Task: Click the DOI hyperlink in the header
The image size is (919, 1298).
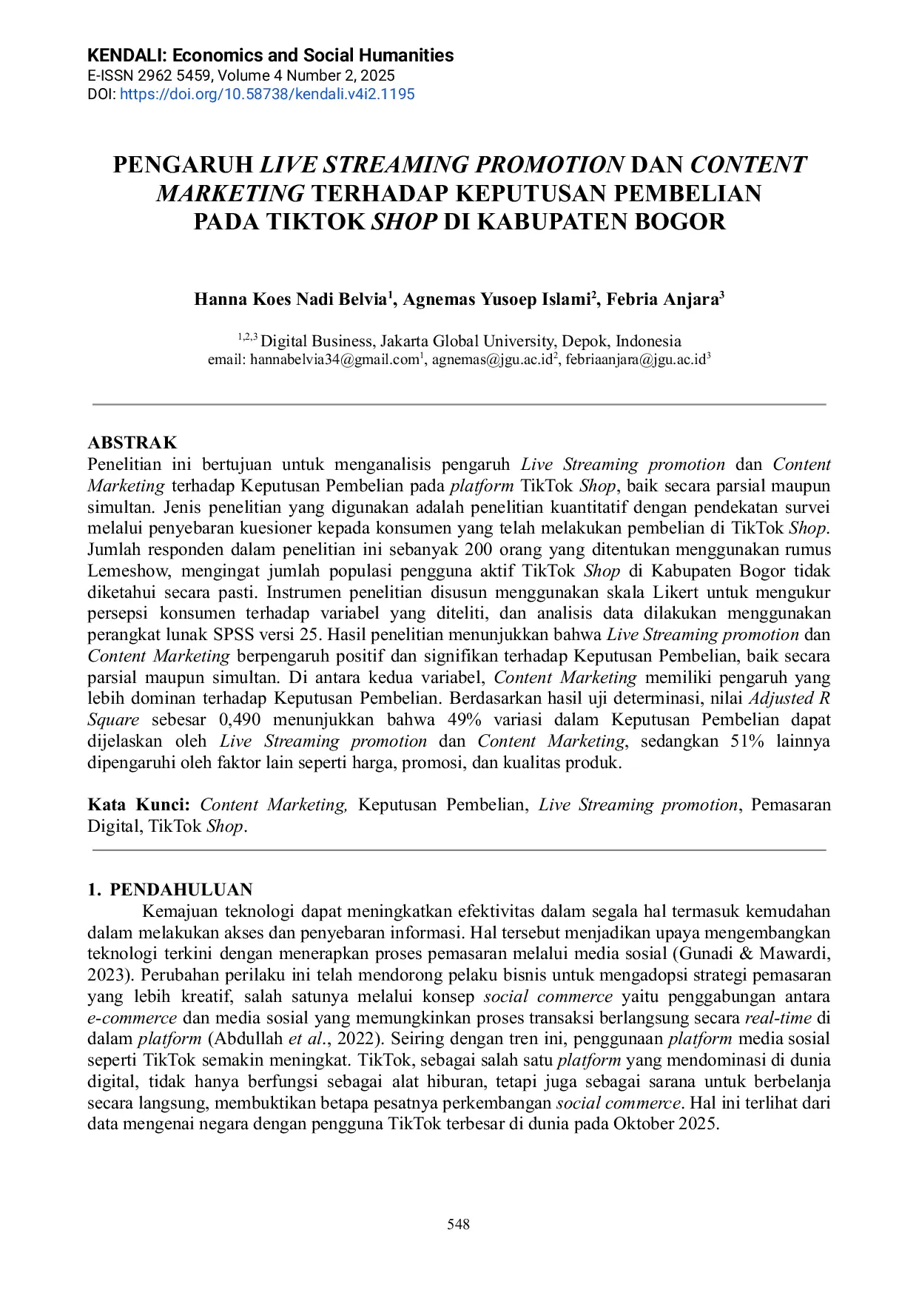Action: coord(267,94)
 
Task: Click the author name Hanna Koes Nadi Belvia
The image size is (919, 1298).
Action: coord(291,299)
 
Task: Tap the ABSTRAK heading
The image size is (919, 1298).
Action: coord(132,443)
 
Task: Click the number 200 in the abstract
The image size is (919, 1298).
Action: coord(479,549)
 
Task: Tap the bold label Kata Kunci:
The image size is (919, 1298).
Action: coord(138,804)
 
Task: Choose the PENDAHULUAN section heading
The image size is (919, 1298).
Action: coord(181,890)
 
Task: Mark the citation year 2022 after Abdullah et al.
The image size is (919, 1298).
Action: coord(358,1038)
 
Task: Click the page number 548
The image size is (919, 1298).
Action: coord(459,1224)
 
